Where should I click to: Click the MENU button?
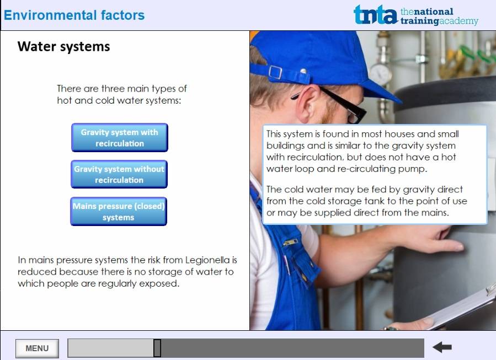37,348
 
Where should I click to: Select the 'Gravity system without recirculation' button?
119,174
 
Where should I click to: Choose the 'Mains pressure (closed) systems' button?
119,212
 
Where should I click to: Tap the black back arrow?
442,347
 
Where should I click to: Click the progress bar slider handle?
157,348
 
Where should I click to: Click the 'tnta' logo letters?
375,15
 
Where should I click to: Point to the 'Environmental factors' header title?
74,15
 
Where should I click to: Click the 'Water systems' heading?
63,47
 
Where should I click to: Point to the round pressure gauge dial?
380,74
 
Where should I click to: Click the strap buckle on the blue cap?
275,72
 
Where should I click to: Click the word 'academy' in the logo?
458,21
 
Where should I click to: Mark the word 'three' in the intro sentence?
114,89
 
